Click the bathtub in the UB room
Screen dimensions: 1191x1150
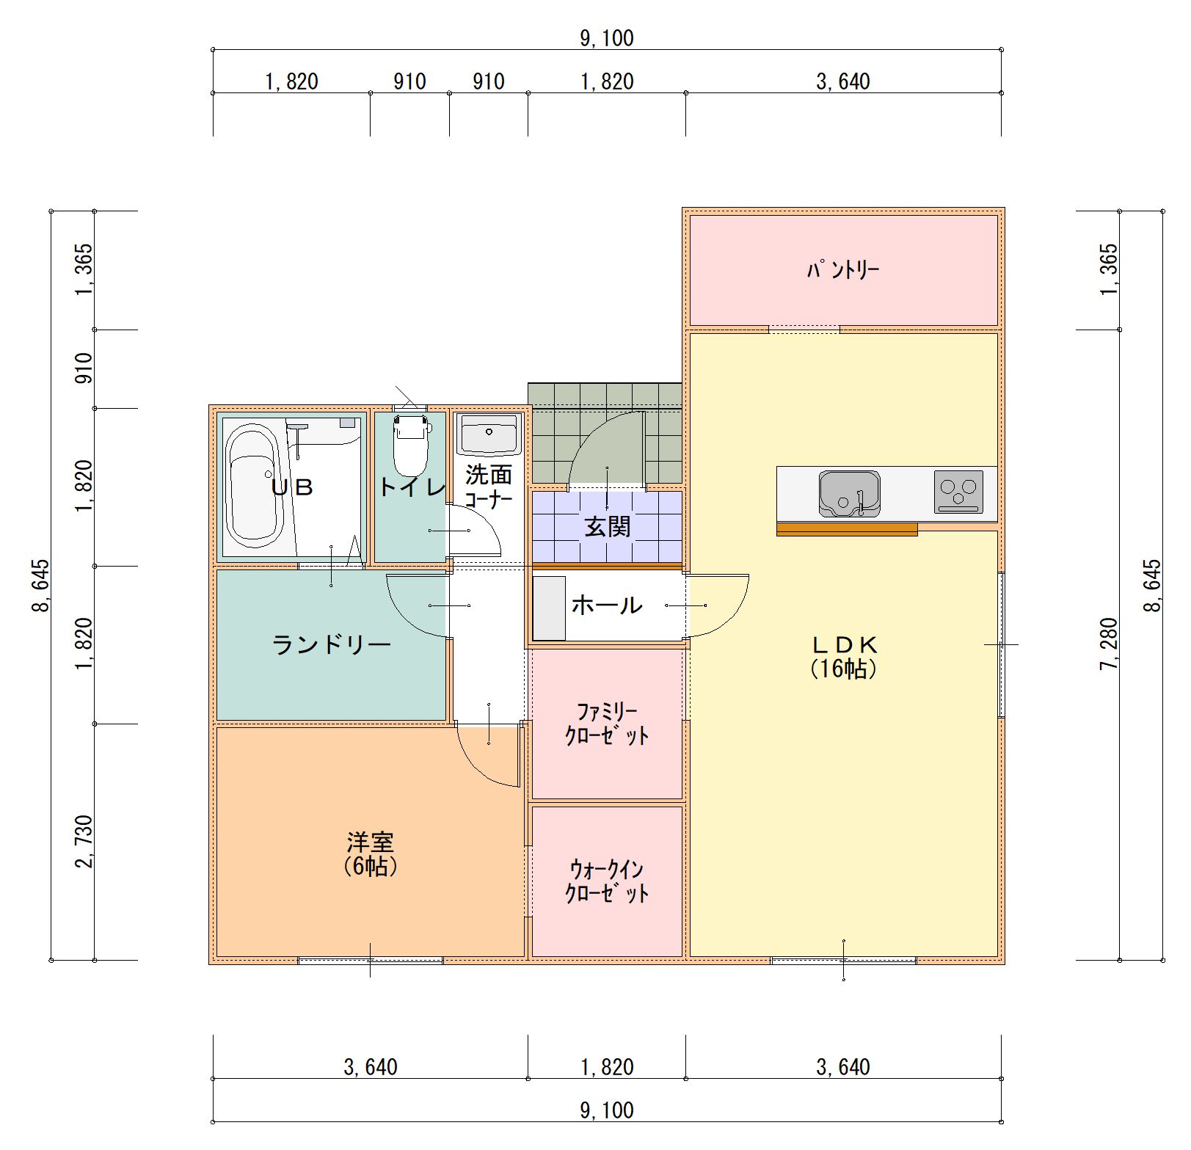(252, 487)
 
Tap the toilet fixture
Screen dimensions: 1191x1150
(410, 445)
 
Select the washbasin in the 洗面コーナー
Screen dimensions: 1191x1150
(488, 434)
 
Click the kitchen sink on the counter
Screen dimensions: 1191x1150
(850, 494)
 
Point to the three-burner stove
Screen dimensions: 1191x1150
(958, 491)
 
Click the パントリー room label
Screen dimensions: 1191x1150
(842, 271)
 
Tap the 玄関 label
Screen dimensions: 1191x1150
(607, 526)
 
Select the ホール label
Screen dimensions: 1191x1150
(607, 605)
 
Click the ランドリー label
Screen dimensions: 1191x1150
(331, 645)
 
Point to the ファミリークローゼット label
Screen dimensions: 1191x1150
(607, 724)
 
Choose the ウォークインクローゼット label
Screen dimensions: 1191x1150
(607, 881)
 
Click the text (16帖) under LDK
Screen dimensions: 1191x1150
(843, 669)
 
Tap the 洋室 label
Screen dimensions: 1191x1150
(370, 842)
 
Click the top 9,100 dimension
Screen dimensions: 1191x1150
(607, 38)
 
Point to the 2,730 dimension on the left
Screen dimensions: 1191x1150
(84, 841)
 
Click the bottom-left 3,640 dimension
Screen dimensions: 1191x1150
(371, 1066)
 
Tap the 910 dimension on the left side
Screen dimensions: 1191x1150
(84, 368)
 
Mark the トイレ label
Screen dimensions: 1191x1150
(412, 487)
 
